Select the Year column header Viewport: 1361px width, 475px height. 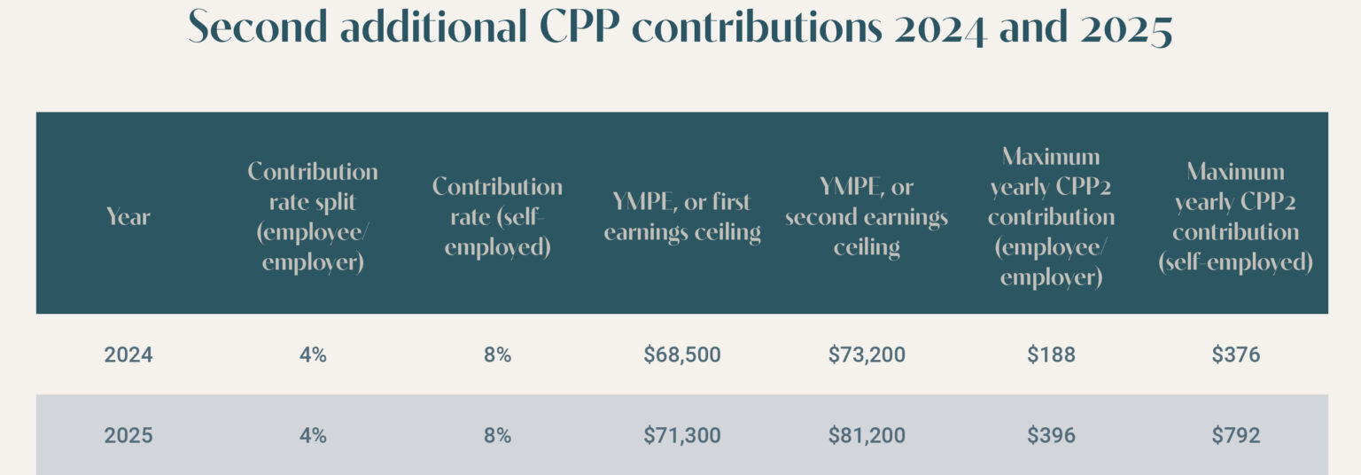coord(128,216)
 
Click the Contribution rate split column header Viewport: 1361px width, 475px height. coord(313,216)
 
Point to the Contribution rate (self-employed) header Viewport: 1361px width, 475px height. coord(497,216)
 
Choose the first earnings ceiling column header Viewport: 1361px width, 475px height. coord(682,216)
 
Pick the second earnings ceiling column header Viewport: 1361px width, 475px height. coord(867,216)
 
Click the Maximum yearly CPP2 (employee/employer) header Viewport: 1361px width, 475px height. coord(1051,216)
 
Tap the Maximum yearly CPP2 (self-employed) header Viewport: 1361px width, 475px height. coord(1235,216)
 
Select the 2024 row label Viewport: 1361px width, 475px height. coord(128,355)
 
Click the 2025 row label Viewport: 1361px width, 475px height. coord(128,436)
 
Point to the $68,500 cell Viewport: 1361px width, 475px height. coord(682,355)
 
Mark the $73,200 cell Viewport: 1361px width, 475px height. coord(867,355)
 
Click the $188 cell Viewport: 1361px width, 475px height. coord(1051,355)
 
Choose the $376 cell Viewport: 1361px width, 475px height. coord(1235,355)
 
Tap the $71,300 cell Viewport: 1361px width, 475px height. coord(682,436)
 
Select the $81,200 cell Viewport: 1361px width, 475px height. coord(867,436)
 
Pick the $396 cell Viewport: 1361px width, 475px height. coord(1051,436)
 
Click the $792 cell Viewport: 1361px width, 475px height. coord(1235,436)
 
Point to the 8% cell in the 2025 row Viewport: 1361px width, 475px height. coord(497,436)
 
